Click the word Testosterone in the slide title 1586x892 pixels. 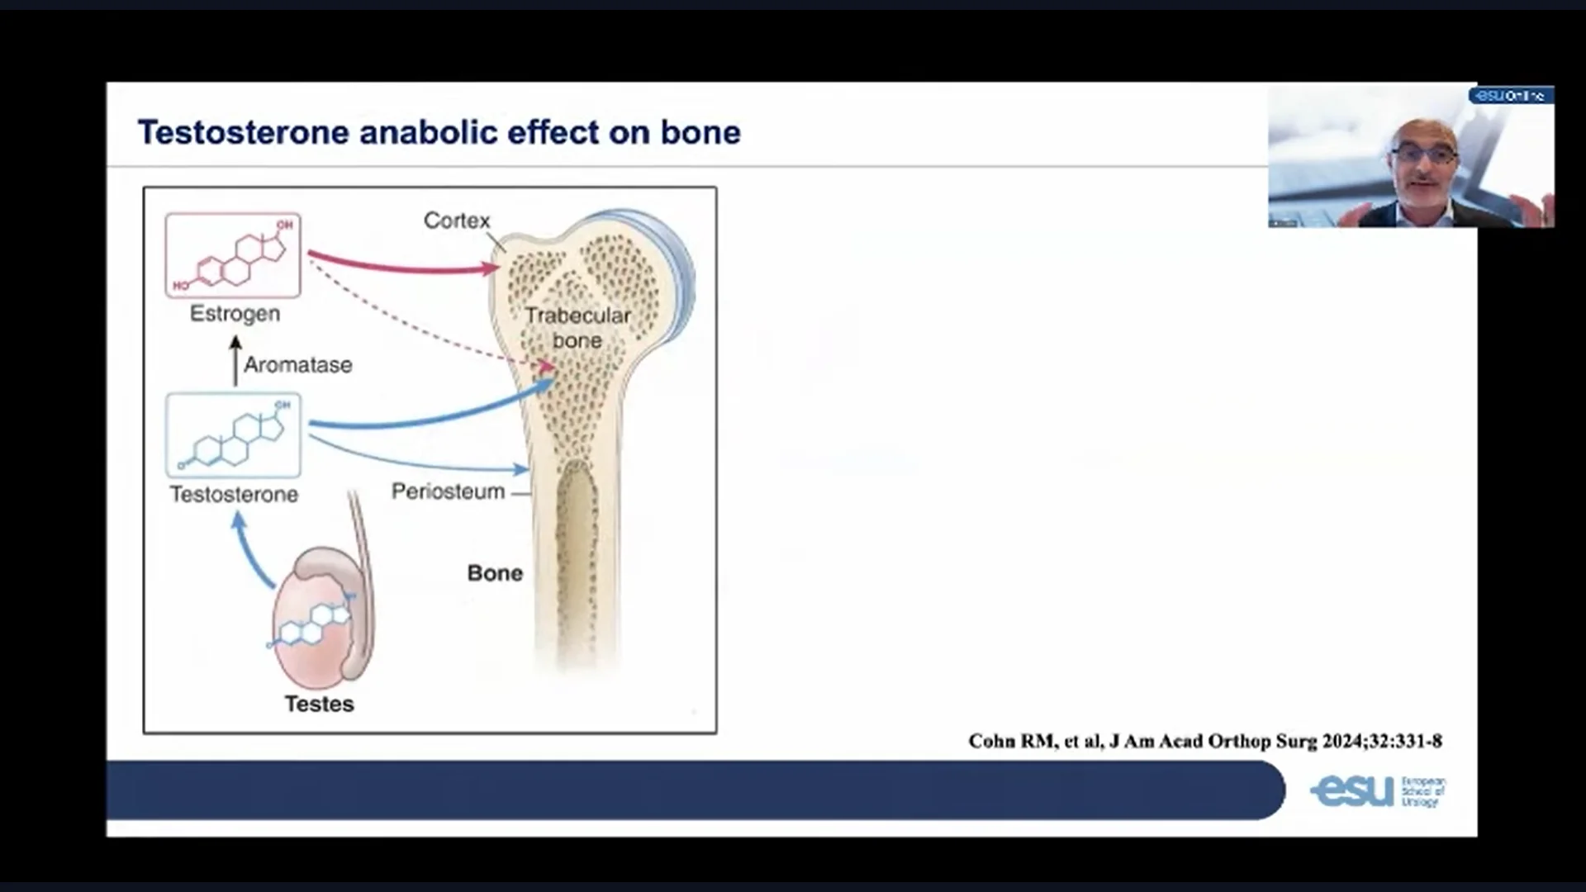coord(244,133)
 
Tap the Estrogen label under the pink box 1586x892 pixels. coord(235,314)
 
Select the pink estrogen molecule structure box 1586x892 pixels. coord(233,255)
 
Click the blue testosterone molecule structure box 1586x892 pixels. coord(233,435)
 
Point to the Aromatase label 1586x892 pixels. coord(297,365)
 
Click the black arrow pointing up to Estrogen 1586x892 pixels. coord(235,362)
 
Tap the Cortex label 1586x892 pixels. coord(456,221)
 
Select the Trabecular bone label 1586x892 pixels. coord(577,327)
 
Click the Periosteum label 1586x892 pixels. coord(448,492)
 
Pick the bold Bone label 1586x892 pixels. coord(495,573)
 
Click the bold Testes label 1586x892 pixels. coord(319,704)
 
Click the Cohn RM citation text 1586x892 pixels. coord(1204,741)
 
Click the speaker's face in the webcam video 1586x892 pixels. coord(1422,157)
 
